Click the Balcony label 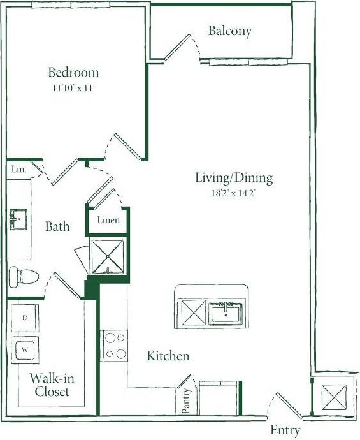(230, 31)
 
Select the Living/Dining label (234, 178)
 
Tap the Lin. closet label (18, 170)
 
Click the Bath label (57, 226)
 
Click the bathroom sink (19, 220)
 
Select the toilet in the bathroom (23, 276)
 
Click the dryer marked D (24, 318)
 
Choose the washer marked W (24, 349)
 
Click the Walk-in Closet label (52, 385)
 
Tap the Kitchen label (168, 356)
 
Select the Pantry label (187, 401)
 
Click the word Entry (285, 430)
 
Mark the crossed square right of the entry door (333, 399)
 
